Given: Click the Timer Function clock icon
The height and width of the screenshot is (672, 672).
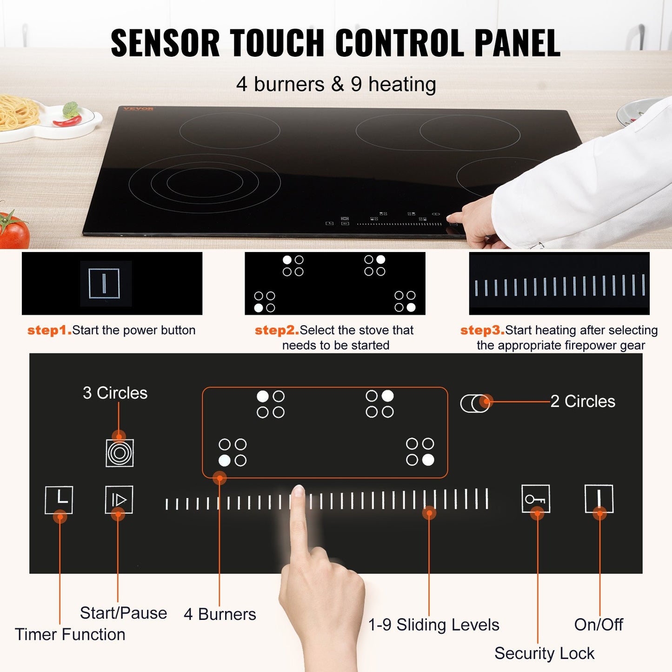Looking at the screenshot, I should (x=59, y=499).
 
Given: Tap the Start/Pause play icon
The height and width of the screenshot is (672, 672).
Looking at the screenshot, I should (x=119, y=499).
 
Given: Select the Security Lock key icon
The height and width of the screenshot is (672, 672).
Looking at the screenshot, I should (x=536, y=499).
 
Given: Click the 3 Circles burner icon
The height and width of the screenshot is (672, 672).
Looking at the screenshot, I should (x=120, y=453).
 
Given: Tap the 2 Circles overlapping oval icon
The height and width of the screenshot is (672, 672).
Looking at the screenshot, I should (x=475, y=403).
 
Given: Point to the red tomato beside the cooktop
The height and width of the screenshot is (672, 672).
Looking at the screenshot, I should (x=13, y=231).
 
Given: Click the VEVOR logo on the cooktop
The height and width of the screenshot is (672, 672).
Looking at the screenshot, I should (x=139, y=109).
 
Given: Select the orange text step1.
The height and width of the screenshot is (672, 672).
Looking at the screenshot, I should (x=49, y=330).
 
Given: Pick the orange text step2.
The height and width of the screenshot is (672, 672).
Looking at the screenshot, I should (x=277, y=330).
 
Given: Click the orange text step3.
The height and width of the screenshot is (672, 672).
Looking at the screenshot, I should (x=482, y=330).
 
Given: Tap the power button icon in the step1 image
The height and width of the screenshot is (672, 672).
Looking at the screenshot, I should (x=104, y=283).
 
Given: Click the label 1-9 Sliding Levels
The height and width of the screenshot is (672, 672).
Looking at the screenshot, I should (x=433, y=625).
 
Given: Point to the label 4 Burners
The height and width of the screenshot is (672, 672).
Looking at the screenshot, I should (x=220, y=614).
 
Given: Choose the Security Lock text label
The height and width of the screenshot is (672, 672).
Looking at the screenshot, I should (x=544, y=653).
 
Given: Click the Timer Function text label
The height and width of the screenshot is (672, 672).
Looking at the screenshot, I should (x=70, y=634).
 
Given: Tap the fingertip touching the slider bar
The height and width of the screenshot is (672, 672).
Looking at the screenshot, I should (x=298, y=493).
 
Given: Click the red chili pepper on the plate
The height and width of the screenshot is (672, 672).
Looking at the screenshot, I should (x=67, y=122).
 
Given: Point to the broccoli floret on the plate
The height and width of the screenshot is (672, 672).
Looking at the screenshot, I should (x=71, y=109).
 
